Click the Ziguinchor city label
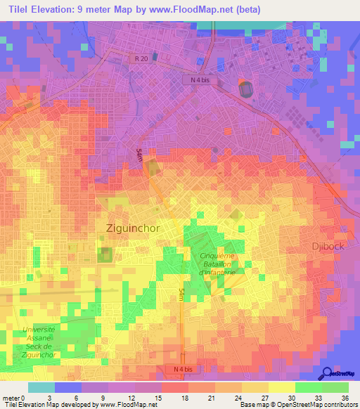tap(132, 229)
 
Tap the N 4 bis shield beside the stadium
tap(201, 80)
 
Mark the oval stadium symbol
tap(246, 90)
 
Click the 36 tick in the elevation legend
tap(345, 397)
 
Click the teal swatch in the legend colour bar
tap(41, 387)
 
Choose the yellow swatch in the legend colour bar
tap(282, 387)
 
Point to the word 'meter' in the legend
tap(11, 397)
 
